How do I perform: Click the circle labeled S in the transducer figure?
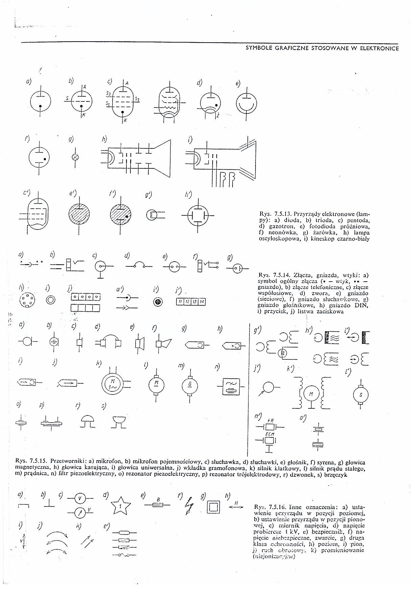361,394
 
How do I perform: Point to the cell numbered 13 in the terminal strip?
195,302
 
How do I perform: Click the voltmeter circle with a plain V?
80,498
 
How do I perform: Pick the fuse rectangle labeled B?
158,505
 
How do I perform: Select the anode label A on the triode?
85,87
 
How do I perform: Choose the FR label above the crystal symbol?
270,421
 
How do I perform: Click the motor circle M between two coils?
311,394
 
